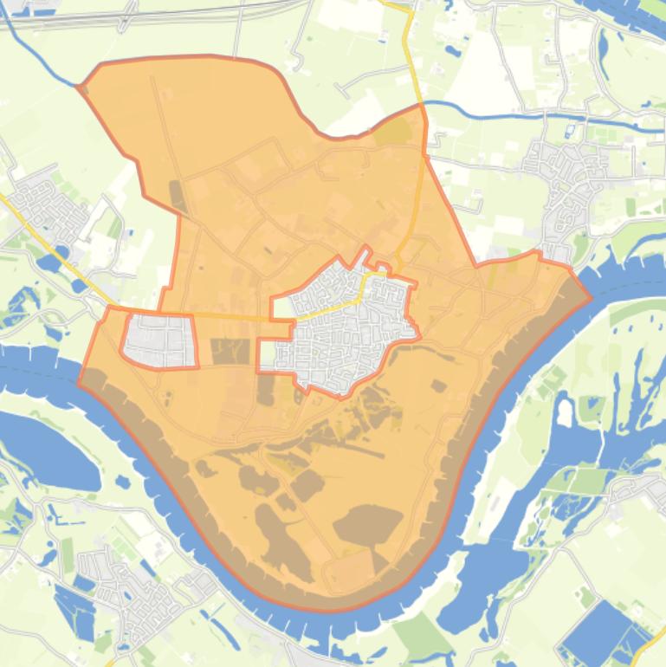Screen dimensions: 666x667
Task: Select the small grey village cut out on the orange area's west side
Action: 160,340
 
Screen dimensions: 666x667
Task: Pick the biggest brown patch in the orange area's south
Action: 368,524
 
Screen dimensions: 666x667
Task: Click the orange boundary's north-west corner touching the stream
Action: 81,87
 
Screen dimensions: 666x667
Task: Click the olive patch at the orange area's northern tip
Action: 395,132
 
